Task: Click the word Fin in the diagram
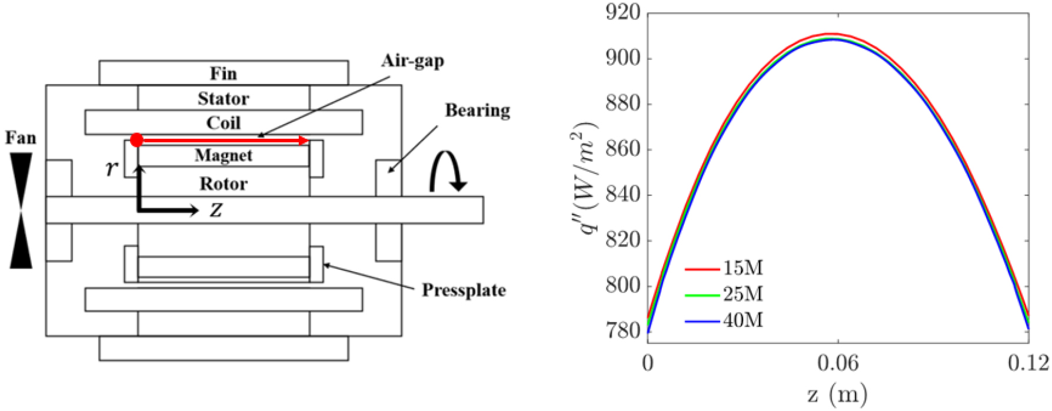224,73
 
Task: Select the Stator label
223,98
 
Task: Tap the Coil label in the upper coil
223,123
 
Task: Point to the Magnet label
224,155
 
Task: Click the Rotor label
224,183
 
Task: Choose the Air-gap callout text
412,61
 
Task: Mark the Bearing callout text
477,110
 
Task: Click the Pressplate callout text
464,290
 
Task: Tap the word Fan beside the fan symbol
21,138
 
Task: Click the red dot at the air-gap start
137,140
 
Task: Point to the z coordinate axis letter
216,210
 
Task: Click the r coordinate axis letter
112,168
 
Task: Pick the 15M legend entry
743,268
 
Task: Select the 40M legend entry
743,320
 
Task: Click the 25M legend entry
743,294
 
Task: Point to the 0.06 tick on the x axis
837,363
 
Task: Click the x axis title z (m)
837,393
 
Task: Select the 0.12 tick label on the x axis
1028,363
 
